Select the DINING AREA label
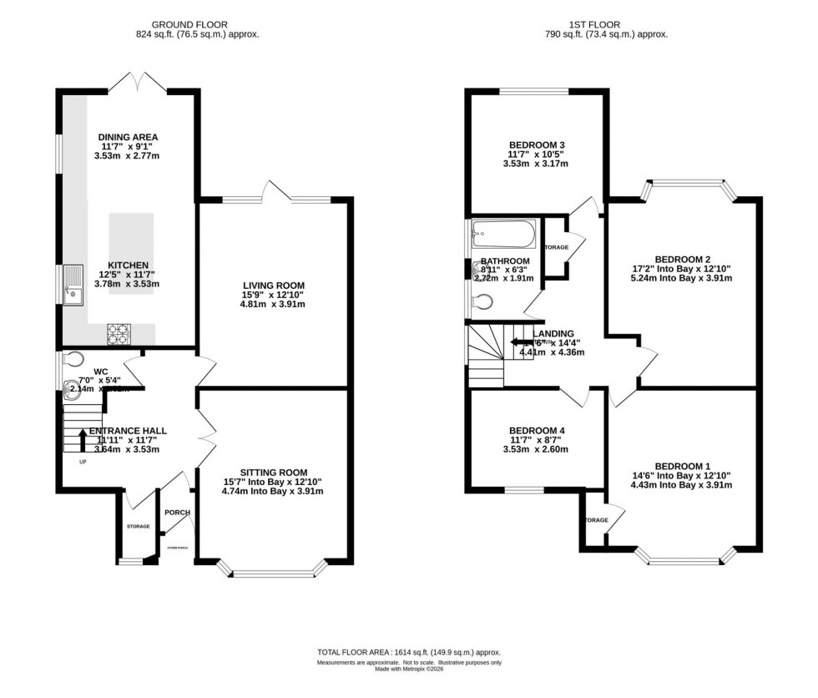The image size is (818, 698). [128, 138]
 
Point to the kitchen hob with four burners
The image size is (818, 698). [119, 333]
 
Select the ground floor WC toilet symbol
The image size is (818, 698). [74, 360]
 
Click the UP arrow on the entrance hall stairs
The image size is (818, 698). [82, 438]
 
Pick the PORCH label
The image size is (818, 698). [177, 513]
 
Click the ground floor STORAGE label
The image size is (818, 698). [138, 526]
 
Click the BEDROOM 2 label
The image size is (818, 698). [683, 259]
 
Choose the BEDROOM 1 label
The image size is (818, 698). [683, 466]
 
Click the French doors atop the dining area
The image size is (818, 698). [134, 82]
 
